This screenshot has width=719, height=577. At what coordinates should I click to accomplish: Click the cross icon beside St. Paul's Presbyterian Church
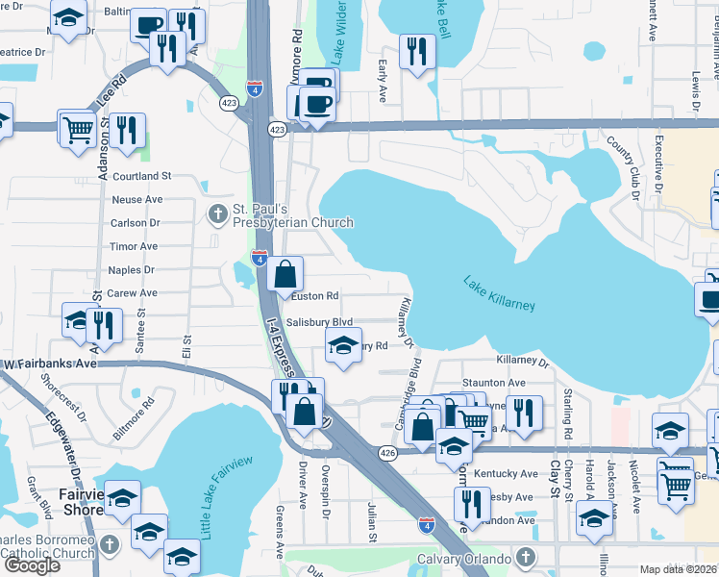pyautogui.click(x=218, y=212)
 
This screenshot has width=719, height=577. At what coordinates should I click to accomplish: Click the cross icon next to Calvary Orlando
pyautogui.click(x=526, y=558)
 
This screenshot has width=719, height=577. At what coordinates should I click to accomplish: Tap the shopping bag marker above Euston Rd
pyautogui.click(x=285, y=274)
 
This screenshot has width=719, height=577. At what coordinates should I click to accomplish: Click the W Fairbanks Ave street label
pyautogui.click(x=50, y=364)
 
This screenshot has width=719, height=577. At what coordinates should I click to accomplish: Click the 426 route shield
pyautogui.click(x=388, y=452)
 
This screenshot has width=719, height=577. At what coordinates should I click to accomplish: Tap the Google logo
pyautogui.click(x=31, y=565)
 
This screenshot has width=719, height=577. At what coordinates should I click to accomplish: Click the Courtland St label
pyautogui.click(x=141, y=176)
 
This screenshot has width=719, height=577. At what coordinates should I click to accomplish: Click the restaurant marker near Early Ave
pyautogui.click(x=416, y=52)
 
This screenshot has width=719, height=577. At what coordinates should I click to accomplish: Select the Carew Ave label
pyautogui.click(x=133, y=293)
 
